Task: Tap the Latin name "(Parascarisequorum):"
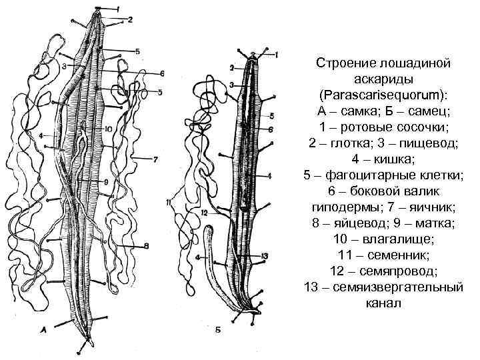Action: pos(383,94)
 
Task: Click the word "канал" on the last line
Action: pos(383,303)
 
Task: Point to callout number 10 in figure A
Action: pos(108,128)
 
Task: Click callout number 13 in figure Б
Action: pos(266,256)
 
